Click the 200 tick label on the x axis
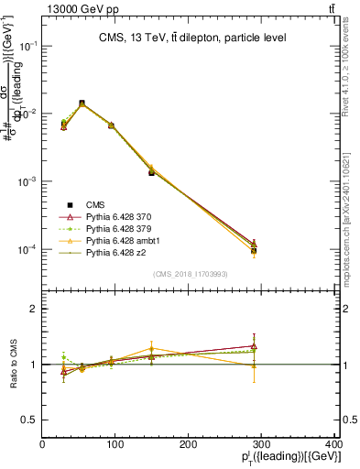[189, 444]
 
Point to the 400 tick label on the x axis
[334, 444]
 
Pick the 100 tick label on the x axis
[115, 444]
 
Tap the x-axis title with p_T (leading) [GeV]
[293, 457]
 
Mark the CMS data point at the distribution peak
[82, 103]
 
